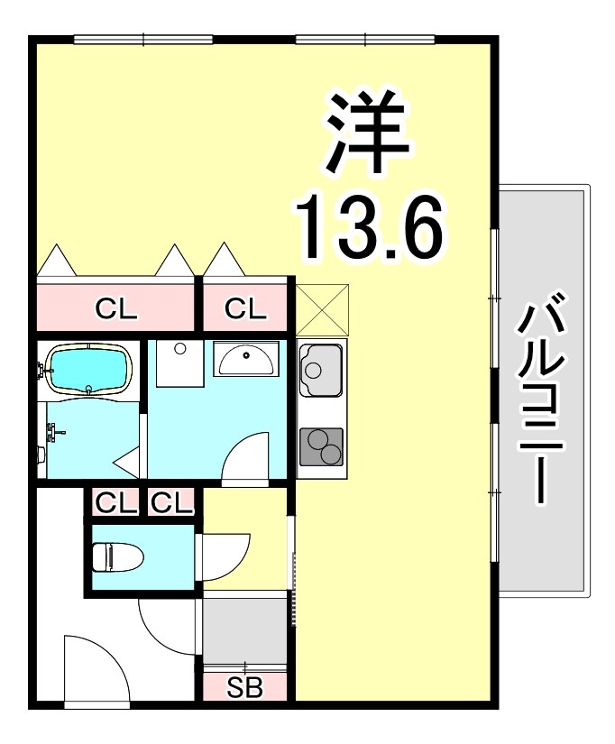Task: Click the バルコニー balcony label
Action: [542, 398]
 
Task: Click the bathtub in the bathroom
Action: [89, 370]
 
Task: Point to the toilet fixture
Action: [115, 556]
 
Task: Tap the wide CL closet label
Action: [116, 309]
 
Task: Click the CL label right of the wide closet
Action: [245, 309]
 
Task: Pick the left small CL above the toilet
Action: [115, 503]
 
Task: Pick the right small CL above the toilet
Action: [172, 503]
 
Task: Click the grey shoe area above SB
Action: [244, 629]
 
